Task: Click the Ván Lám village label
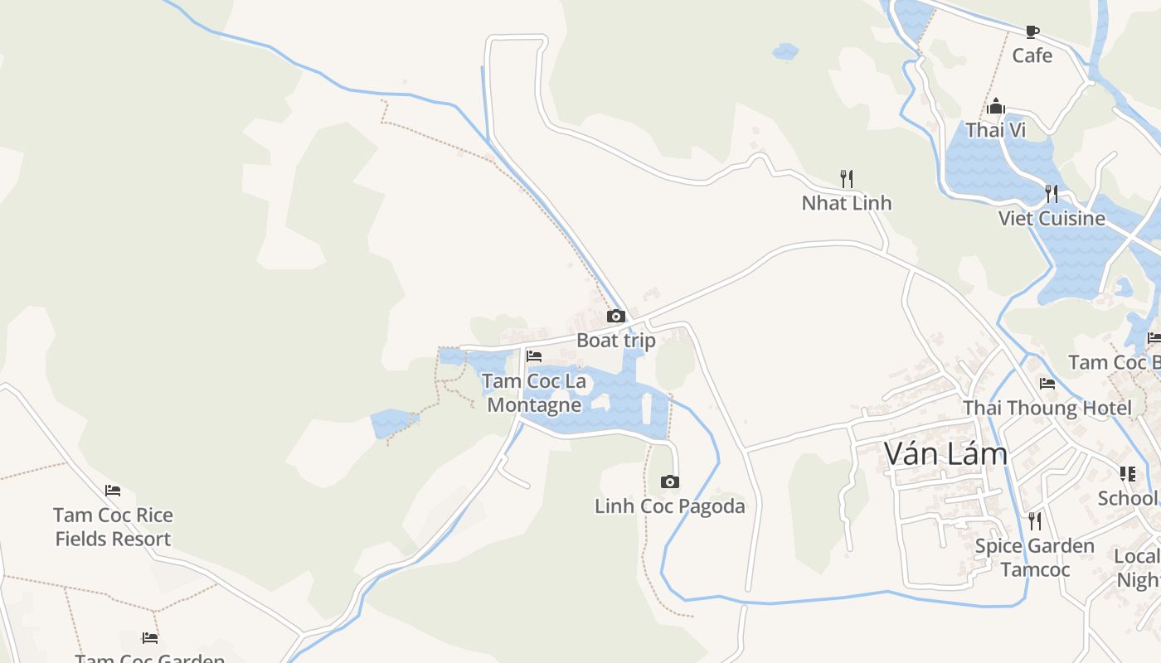tap(945, 454)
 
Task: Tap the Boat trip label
tap(615, 341)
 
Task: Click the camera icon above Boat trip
tap(615, 316)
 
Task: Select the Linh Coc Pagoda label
tap(670, 506)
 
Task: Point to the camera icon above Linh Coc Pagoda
tap(670, 482)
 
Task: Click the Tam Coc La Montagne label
tap(534, 393)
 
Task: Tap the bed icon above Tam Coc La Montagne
tap(534, 356)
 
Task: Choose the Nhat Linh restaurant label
tap(847, 203)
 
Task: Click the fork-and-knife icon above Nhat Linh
tap(847, 178)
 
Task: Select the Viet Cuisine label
tap(1052, 219)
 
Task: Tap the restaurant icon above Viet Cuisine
tap(1052, 194)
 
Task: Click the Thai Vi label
tap(996, 130)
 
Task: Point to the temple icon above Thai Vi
tap(996, 106)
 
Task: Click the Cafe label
tap(1032, 56)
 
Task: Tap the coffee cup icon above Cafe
tap(1032, 31)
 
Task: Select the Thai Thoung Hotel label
tap(1047, 409)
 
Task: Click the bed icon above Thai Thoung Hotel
tap(1047, 384)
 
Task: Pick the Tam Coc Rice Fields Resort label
tap(113, 527)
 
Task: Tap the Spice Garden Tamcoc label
tap(1034, 558)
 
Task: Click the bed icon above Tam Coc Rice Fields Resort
tap(113, 491)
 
